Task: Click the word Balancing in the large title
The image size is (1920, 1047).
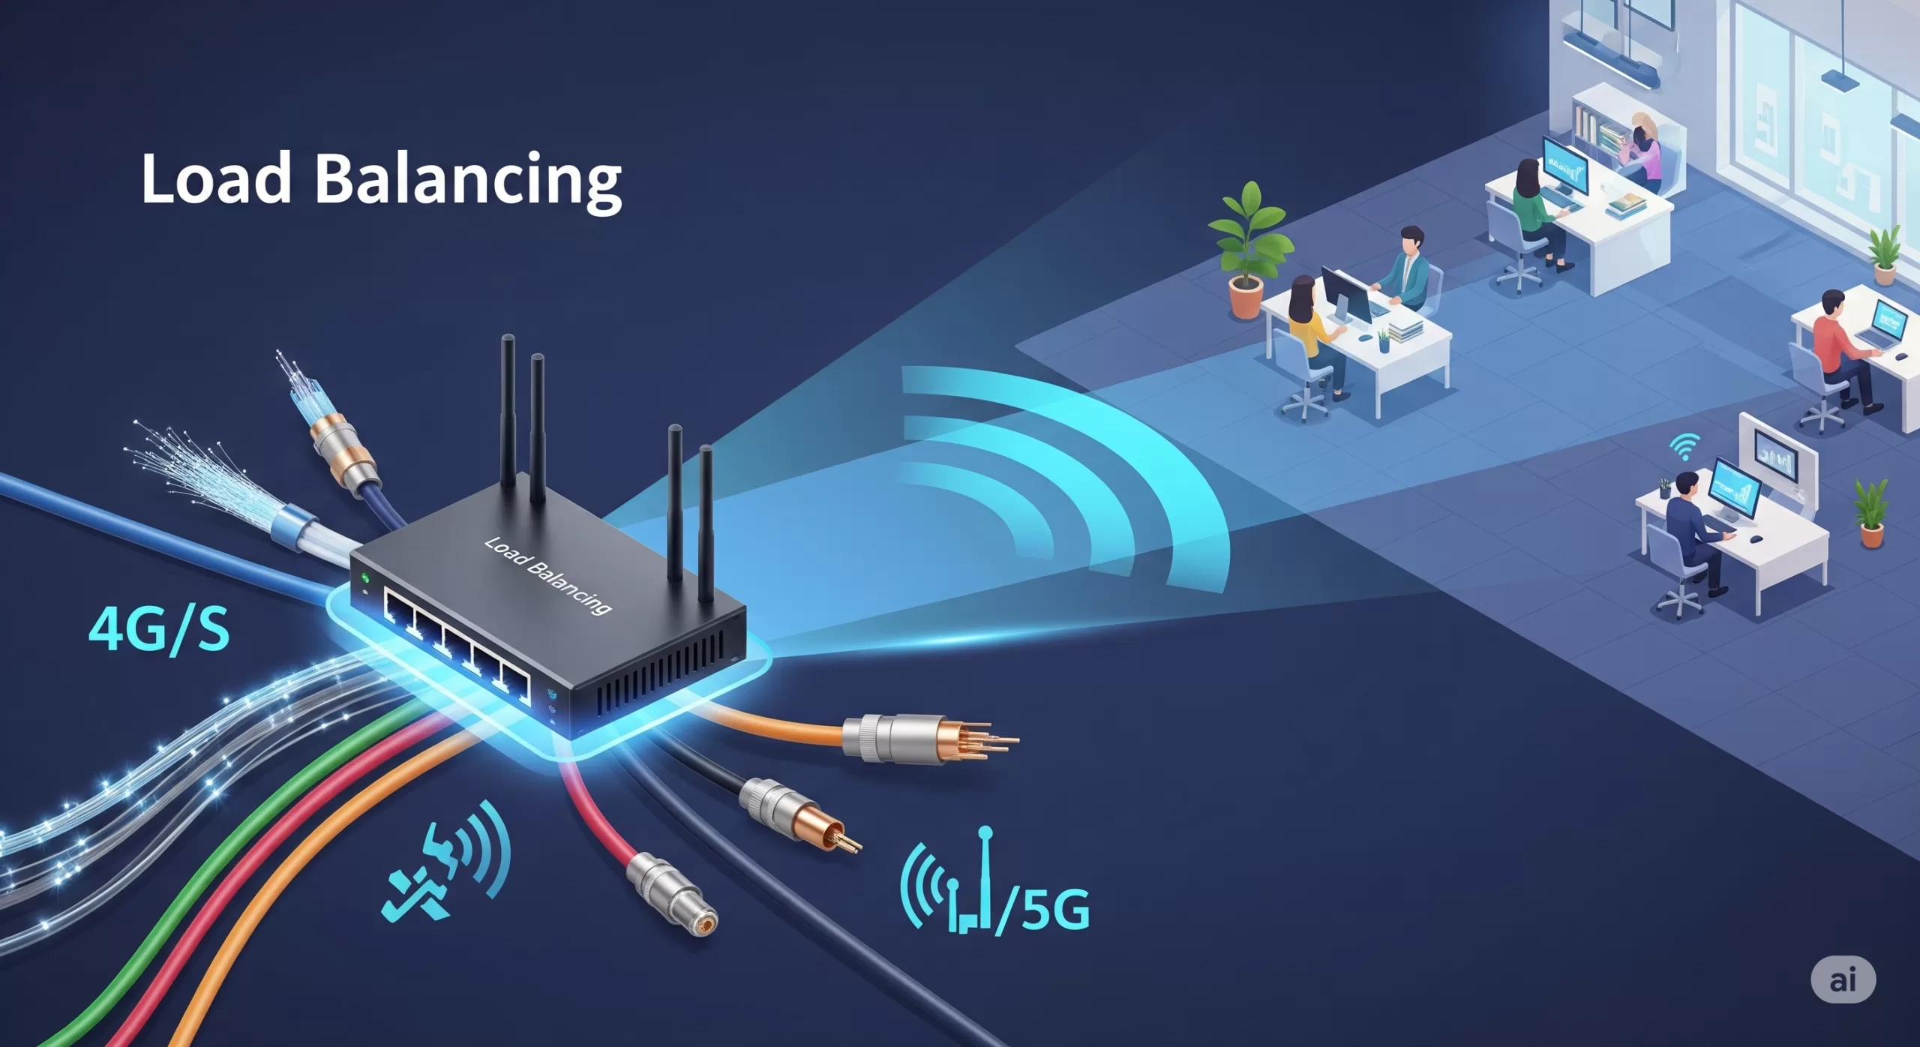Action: point(469,182)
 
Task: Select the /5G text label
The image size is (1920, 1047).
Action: point(1042,909)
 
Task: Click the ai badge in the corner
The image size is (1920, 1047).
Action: point(1843,979)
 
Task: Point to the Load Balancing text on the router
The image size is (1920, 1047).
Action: point(547,576)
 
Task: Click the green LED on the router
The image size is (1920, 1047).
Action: point(365,578)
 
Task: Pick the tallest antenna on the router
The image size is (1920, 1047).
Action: point(508,411)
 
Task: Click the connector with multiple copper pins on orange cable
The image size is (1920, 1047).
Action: point(930,739)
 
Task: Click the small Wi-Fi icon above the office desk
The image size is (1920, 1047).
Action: point(1684,447)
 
